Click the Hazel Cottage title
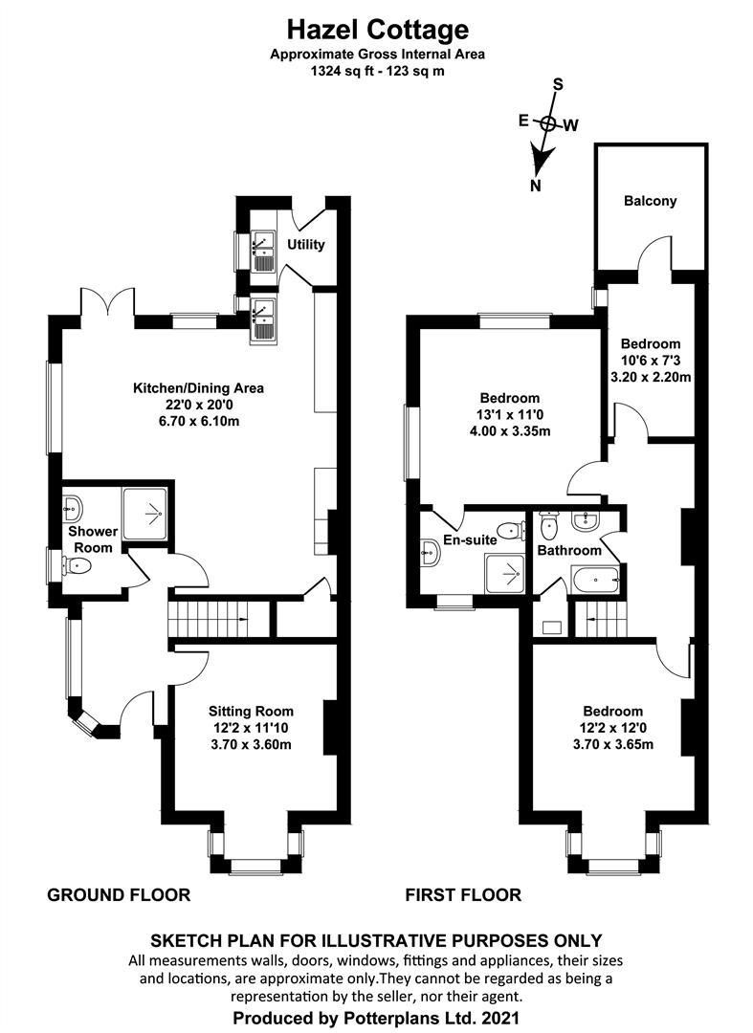(x=378, y=30)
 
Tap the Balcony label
(x=651, y=201)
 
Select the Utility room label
(x=305, y=245)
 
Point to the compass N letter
(x=536, y=186)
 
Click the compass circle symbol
(x=547, y=123)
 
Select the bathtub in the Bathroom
(x=596, y=582)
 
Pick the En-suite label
(x=470, y=540)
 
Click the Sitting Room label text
(x=251, y=712)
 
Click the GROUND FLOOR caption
(x=119, y=894)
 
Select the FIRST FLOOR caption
(x=463, y=894)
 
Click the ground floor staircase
(x=219, y=619)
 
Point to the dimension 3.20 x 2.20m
(x=651, y=378)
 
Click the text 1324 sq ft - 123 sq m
(x=378, y=71)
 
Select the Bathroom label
(x=569, y=550)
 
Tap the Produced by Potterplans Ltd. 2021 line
(x=376, y=1017)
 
